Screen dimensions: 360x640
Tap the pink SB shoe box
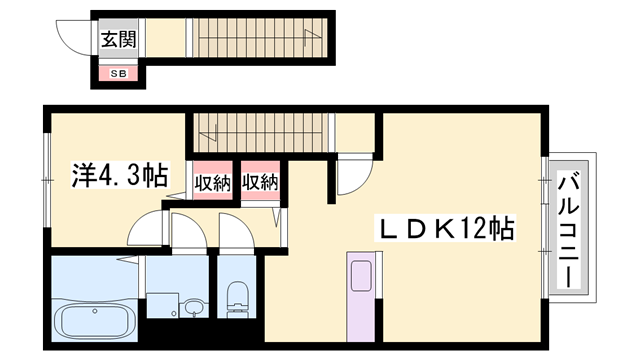117,73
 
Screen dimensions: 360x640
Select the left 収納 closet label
213,183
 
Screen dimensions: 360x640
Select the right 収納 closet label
259,183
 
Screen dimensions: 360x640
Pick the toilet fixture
238,298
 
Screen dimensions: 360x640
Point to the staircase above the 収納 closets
260,128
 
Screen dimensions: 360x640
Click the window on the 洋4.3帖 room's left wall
45,180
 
